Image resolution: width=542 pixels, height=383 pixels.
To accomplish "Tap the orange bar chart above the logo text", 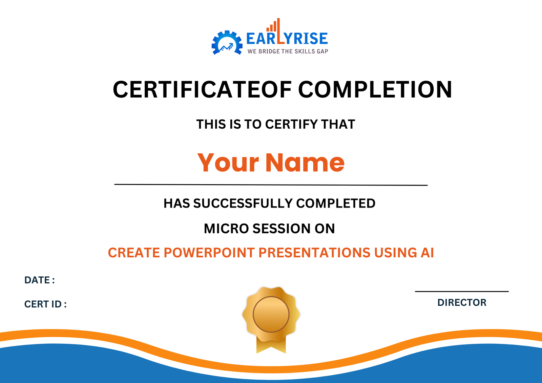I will coord(273,26).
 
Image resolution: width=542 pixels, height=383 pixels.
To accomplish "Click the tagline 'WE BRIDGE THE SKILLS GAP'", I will coord(288,51).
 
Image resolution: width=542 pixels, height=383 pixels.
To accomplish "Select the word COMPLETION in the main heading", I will coord(375,90).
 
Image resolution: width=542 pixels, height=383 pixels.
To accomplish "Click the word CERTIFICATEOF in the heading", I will coord(202,90).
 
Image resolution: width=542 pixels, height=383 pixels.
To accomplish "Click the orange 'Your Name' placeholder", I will coord(271,163).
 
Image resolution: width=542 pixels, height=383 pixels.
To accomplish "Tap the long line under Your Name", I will coord(271,185).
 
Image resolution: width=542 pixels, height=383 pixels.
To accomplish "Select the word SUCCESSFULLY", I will coord(243,204).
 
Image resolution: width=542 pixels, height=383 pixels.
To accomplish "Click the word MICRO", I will coord(226,229).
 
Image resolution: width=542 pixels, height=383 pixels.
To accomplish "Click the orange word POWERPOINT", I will coord(209,253).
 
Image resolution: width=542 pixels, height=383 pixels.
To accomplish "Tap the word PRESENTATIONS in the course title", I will coord(314,253).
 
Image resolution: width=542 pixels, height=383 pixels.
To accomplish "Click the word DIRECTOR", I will coord(462,302).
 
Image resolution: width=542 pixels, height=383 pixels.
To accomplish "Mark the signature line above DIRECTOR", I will coord(462,291).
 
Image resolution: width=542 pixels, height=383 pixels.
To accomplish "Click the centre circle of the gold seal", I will coord(271,314).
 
